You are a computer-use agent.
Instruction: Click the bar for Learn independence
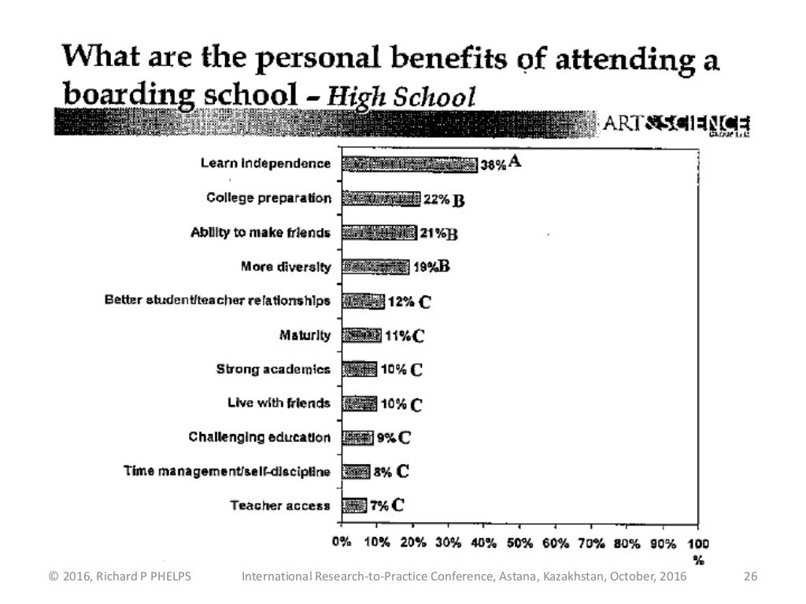coord(409,164)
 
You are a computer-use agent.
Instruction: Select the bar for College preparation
coord(381,199)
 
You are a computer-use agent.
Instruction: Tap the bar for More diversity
coord(375,267)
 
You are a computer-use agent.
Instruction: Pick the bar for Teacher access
coord(354,505)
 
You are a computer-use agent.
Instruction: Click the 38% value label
coord(493,164)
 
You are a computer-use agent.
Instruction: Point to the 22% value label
coord(435,200)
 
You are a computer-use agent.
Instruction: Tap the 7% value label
coord(380,505)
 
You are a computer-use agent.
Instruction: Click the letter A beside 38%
coord(516,162)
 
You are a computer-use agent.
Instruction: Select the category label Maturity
coord(305,336)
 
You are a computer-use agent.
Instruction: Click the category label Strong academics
coord(273,370)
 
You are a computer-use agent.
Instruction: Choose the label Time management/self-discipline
coord(227,472)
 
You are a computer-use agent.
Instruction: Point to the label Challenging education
coord(260,437)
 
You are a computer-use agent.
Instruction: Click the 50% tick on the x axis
coord(519,543)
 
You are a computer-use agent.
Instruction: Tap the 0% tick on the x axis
coord(342,543)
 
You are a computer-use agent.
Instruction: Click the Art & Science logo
coord(675,124)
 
